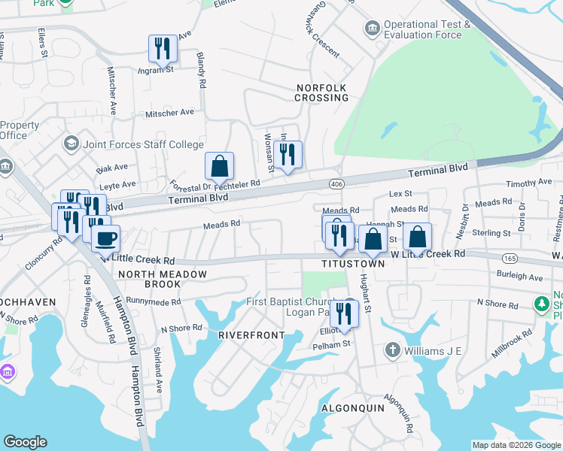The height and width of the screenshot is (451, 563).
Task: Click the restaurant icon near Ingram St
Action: click(163, 49)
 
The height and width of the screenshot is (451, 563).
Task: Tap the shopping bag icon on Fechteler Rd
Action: click(219, 166)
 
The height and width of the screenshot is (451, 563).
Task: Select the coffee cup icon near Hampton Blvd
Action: click(105, 239)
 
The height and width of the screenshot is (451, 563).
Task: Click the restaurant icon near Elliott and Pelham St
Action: click(344, 312)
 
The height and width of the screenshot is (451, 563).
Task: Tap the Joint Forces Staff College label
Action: click(143, 144)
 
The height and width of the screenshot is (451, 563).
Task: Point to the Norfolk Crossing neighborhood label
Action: click(321, 93)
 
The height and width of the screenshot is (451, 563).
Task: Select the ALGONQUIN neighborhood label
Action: click(352, 408)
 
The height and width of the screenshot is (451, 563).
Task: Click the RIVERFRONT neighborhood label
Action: click(252, 334)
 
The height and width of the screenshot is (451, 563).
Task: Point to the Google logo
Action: click(25, 442)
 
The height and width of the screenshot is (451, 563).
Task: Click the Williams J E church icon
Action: click(391, 350)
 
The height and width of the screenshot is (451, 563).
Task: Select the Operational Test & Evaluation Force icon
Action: click(371, 29)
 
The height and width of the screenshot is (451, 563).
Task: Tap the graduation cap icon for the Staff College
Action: click(71, 144)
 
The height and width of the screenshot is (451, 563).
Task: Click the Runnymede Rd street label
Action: click(154, 302)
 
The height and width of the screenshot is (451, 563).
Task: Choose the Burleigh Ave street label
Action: click(520, 277)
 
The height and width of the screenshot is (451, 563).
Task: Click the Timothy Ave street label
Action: click(529, 183)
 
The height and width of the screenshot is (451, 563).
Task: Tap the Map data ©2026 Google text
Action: click(516, 445)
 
